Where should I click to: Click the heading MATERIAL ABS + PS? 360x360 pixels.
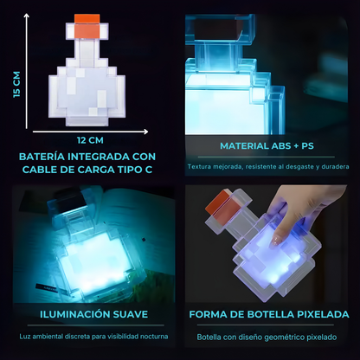269,146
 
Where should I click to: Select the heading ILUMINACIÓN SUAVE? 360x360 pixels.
87,315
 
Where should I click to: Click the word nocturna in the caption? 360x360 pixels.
152,336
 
